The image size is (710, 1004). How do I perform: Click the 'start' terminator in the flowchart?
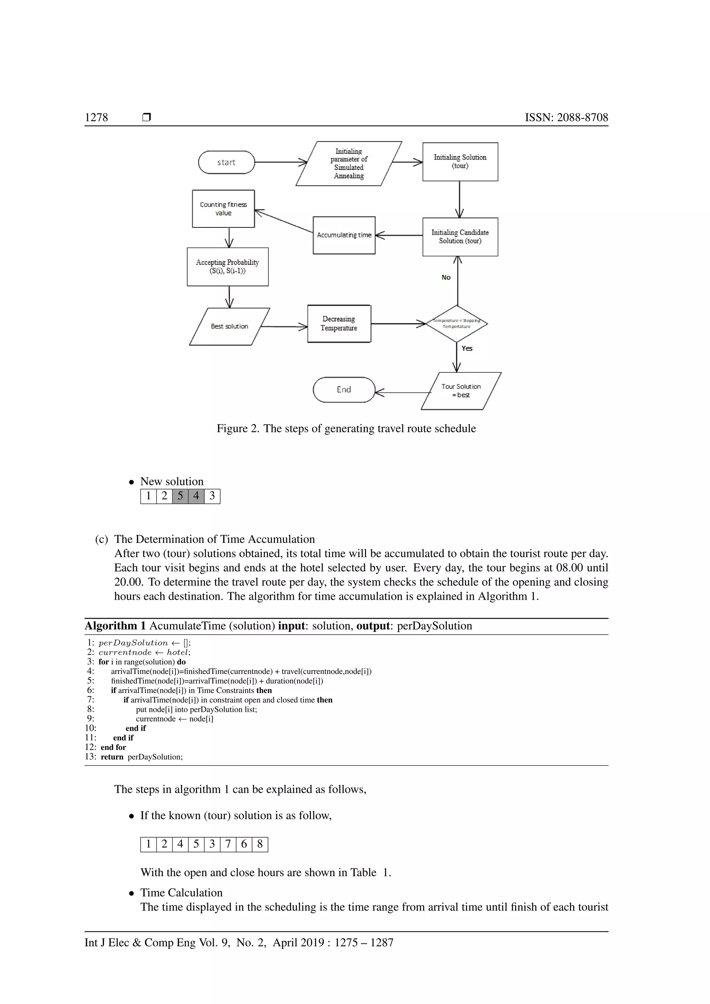[x=226, y=162]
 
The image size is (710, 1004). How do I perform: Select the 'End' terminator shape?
[x=344, y=390]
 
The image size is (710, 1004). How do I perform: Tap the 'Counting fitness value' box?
[x=223, y=209]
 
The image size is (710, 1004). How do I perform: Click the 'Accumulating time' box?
[x=344, y=235]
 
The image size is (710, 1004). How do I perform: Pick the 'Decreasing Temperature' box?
[x=339, y=323]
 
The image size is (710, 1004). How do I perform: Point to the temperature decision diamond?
[x=457, y=323]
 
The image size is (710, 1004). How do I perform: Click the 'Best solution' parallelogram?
[x=229, y=327]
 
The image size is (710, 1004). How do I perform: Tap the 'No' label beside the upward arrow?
[x=446, y=277]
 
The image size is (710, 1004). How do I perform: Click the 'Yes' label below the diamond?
[x=467, y=348]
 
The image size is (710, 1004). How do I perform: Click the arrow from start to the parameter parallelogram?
[x=280, y=162]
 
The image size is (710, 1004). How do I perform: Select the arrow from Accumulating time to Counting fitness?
[x=284, y=222]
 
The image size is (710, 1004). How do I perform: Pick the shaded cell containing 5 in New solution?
[x=180, y=496]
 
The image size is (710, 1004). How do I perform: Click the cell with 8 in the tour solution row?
[x=260, y=844]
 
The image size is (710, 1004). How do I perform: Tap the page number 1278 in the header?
[x=96, y=117]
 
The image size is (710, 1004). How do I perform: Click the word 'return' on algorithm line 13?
[x=112, y=757]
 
